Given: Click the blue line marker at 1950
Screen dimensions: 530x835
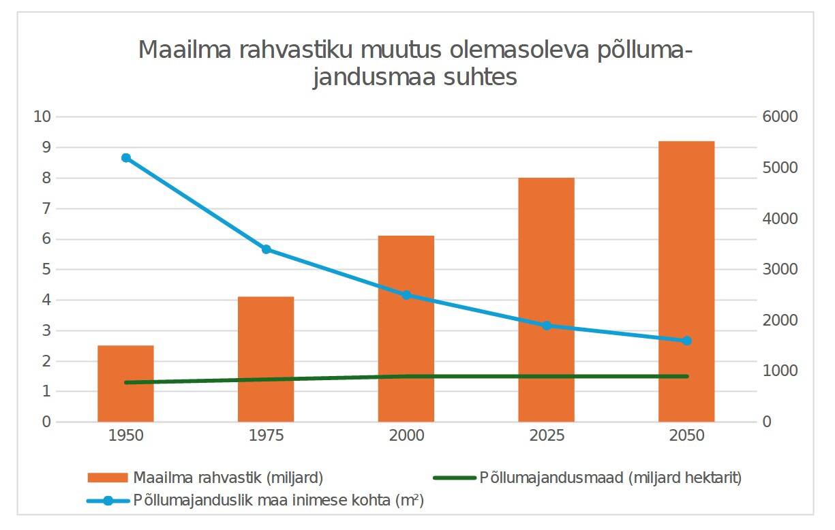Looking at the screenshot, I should [125, 158].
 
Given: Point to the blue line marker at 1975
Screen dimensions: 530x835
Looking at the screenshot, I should [267, 249].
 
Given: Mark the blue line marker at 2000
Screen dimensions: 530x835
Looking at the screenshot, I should [406, 295].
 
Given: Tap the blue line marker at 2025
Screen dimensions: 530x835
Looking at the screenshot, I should [546, 326].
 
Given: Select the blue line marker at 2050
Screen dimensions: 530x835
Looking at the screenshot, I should [686, 341].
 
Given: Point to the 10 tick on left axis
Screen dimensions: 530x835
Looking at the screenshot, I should [42, 116].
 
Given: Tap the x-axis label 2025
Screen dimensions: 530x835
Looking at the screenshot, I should [547, 436].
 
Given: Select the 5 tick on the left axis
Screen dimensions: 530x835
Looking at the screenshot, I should [46, 270].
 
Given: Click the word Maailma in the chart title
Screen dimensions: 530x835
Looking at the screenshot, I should [178, 50].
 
